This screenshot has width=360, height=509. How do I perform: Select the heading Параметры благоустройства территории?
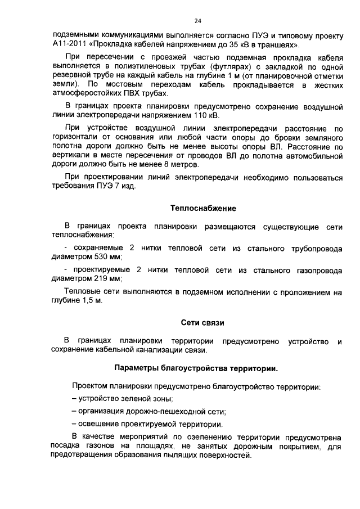click(x=196, y=369)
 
